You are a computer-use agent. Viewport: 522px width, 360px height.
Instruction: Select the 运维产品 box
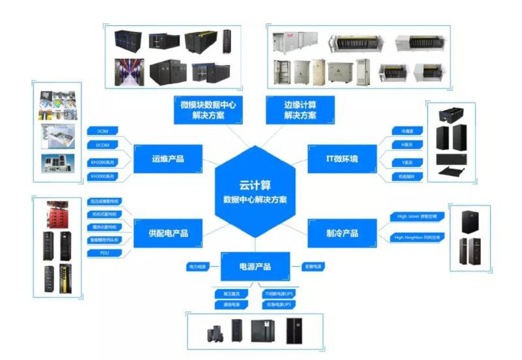(167, 158)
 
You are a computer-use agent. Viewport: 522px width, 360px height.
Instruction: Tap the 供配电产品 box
(167, 233)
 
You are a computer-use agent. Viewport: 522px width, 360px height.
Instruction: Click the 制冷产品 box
(342, 233)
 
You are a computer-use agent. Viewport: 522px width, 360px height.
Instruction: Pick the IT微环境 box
(342, 158)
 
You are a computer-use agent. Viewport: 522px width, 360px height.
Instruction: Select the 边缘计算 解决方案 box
(300, 110)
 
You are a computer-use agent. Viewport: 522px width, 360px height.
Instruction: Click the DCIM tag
(102, 130)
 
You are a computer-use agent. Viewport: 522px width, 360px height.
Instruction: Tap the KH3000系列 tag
(102, 176)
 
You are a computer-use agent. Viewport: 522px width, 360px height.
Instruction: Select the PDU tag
(102, 251)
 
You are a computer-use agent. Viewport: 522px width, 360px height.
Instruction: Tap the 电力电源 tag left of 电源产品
(196, 266)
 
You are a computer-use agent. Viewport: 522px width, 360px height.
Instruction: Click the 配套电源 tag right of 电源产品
(313, 266)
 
